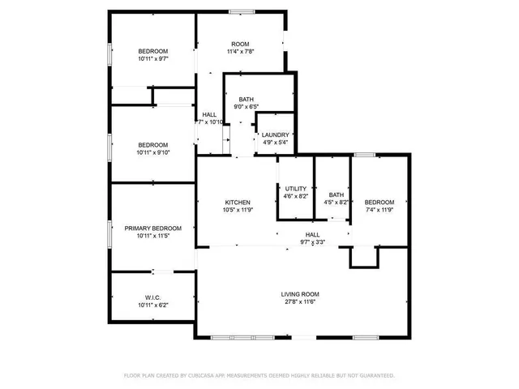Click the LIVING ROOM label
tap(300, 294)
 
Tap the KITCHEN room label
tap(238, 203)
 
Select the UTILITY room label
tap(296, 189)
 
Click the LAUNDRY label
tap(276, 135)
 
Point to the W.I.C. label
tap(152, 297)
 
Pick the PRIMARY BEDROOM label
tap(152, 229)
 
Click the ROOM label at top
tap(240, 44)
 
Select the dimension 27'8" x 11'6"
tap(300, 302)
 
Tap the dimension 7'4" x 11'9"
tap(379, 211)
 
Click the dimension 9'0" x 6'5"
tap(246, 106)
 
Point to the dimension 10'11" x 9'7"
tap(152, 59)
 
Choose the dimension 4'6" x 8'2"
tap(296, 196)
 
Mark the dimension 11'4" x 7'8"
tap(240, 52)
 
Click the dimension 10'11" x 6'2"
tap(152, 306)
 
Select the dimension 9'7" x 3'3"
tap(312, 242)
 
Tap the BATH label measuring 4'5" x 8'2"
tap(337, 194)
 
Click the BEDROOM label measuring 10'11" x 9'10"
tap(152, 144)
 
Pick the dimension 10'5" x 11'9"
tap(238, 211)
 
